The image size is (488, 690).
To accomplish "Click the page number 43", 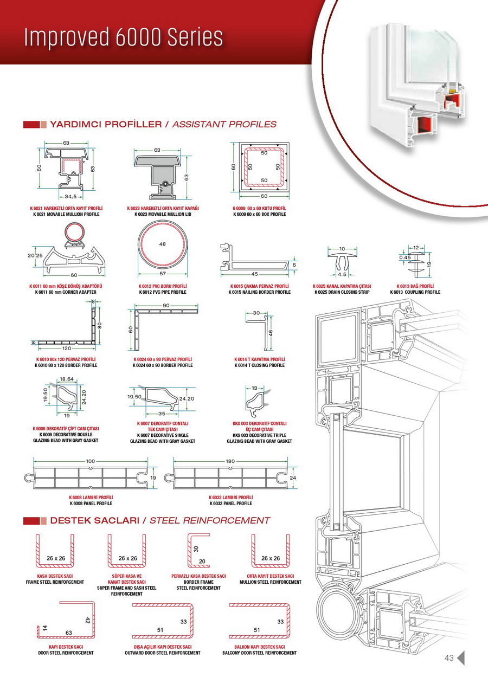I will [x=448, y=658].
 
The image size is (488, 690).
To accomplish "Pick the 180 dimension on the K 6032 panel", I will [x=230, y=461].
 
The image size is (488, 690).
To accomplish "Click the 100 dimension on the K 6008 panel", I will [x=90, y=461].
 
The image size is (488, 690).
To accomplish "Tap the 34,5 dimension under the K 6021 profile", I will [x=70, y=196].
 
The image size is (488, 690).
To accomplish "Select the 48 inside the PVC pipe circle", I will [x=163, y=244].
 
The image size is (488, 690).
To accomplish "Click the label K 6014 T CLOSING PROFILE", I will [x=259, y=365].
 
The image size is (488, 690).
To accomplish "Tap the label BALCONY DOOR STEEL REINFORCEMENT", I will [x=260, y=653].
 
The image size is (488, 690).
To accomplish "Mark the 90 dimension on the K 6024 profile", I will [x=166, y=306].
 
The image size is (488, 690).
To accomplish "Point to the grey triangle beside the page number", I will [x=461, y=658].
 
